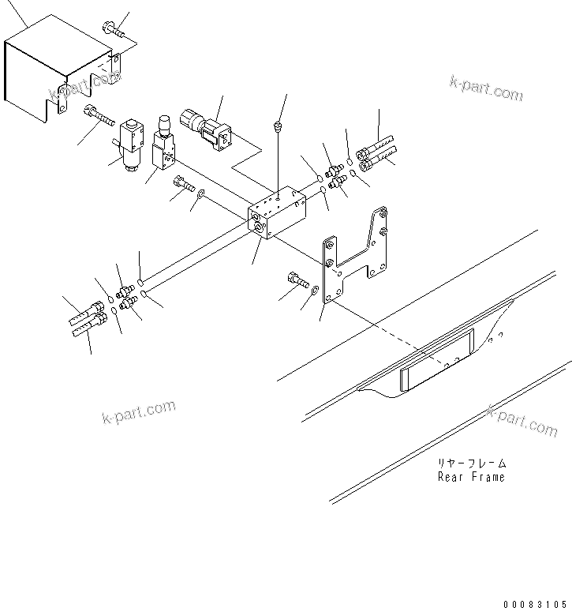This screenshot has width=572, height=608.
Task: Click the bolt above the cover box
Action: click(x=112, y=30)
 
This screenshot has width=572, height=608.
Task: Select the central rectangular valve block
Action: click(x=276, y=212)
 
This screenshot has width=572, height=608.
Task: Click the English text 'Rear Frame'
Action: click(x=471, y=477)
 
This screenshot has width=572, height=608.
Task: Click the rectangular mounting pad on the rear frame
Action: click(x=436, y=360)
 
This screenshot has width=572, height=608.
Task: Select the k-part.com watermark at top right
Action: click(x=485, y=88)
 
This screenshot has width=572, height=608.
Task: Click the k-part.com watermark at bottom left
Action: click(x=138, y=412)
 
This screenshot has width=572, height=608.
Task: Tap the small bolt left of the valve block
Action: click(x=184, y=184)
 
